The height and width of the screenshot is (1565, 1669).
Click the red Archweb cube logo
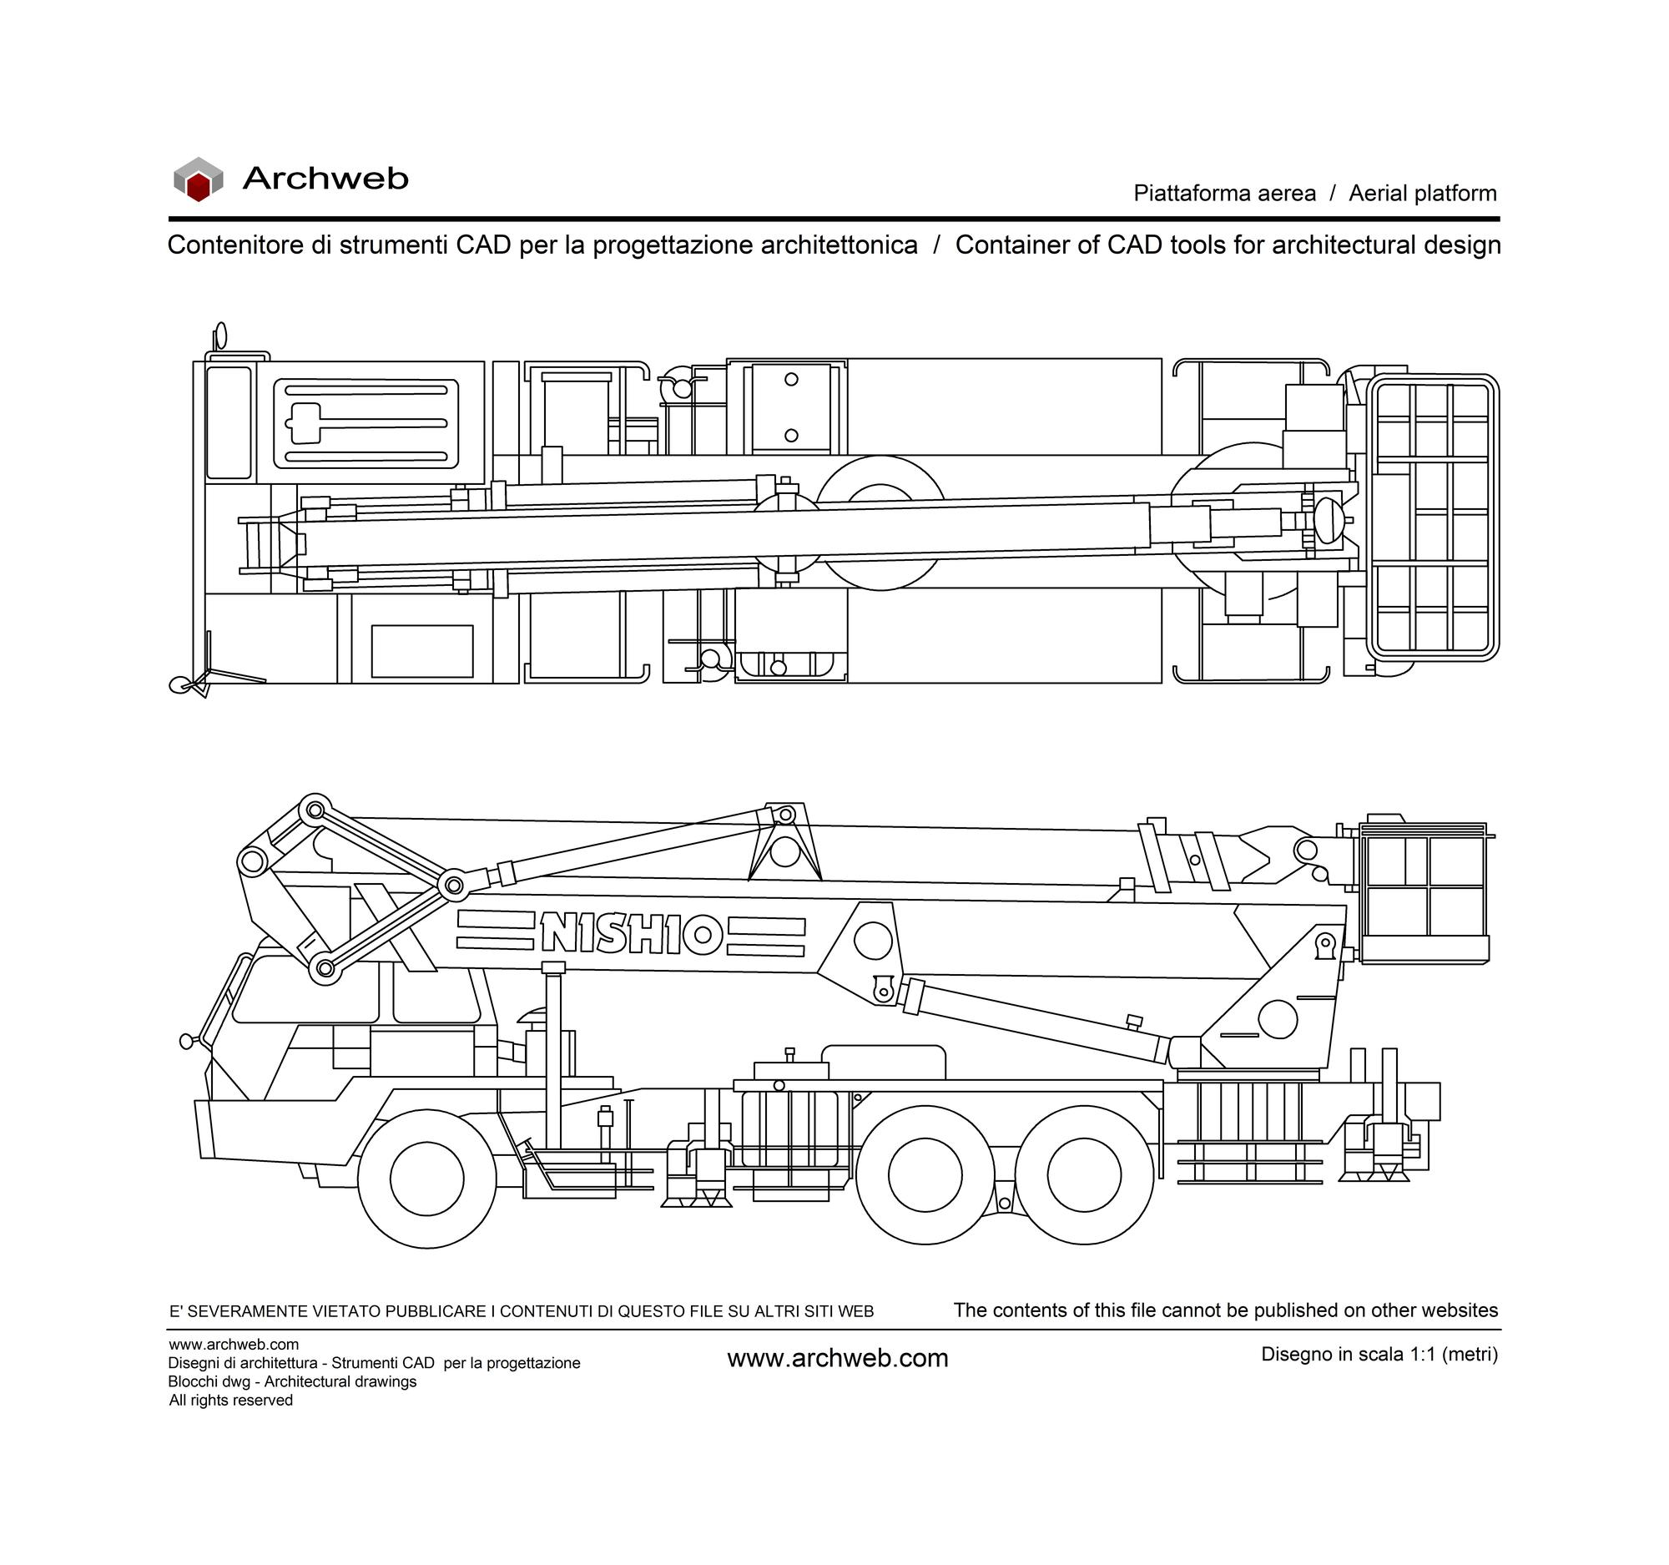(x=198, y=179)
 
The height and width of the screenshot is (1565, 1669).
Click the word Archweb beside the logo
(x=325, y=178)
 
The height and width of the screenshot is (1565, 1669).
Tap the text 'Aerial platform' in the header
(x=1423, y=193)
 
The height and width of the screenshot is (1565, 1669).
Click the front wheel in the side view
(x=427, y=1178)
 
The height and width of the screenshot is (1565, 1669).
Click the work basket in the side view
(x=1424, y=893)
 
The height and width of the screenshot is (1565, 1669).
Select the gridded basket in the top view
(x=1433, y=518)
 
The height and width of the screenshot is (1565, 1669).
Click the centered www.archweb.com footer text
(x=837, y=1360)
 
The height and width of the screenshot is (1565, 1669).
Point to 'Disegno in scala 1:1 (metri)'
(x=1379, y=1355)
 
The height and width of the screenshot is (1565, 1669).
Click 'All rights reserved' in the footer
(x=231, y=1401)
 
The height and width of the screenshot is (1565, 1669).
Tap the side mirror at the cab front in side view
(x=187, y=1041)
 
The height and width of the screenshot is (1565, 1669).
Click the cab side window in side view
(x=305, y=992)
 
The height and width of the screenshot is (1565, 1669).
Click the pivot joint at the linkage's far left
(x=251, y=861)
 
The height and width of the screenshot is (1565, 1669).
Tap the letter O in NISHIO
(x=703, y=934)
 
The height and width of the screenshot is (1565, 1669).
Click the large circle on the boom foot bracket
(x=873, y=941)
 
